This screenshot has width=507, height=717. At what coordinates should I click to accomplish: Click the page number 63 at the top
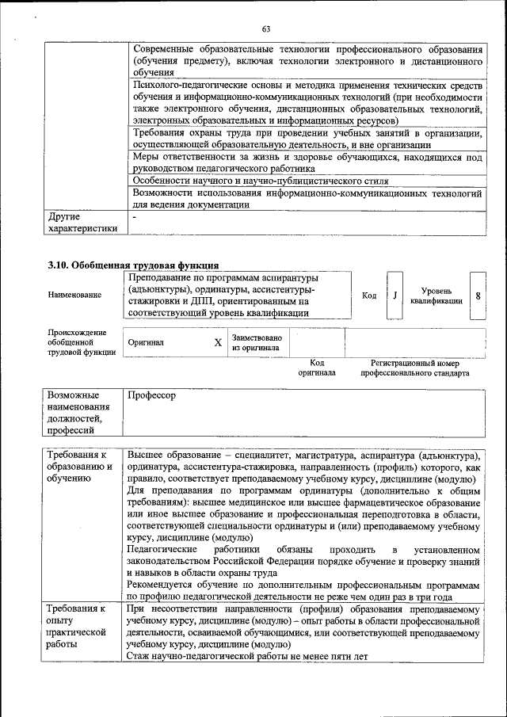(266, 29)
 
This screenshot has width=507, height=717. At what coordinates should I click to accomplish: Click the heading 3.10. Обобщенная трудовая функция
(134, 265)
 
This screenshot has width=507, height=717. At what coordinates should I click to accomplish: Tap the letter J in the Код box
(394, 296)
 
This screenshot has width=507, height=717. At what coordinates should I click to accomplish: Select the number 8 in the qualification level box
(478, 296)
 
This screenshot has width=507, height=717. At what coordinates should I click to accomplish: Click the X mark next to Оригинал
(218, 342)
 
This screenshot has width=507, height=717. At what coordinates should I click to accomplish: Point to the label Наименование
(74, 296)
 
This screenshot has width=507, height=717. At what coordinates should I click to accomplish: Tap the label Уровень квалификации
(436, 296)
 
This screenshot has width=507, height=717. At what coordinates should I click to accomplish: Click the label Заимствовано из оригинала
(256, 342)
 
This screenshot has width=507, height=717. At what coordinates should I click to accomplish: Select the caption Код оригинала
(317, 367)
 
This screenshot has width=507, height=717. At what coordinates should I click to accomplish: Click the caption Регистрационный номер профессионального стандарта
(415, 367)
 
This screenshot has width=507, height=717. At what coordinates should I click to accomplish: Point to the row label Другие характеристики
(82, 222)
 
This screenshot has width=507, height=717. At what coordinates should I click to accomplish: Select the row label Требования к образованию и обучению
(79, 467)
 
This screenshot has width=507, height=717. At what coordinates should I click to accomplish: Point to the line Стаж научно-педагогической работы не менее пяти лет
(248, 656)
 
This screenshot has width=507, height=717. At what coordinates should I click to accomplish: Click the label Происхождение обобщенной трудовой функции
(77, 342)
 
